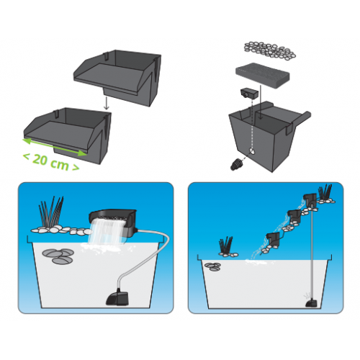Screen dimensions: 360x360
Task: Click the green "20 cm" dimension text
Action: point(51,162)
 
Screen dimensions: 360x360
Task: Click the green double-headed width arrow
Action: point(55,147)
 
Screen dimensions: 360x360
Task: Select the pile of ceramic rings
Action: point(270,50)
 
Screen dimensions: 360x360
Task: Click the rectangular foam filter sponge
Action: point(263,76)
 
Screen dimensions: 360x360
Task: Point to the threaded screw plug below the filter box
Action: point(235,165)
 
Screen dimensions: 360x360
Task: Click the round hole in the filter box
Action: point(252,150)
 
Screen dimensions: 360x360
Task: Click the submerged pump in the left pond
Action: point(117,297)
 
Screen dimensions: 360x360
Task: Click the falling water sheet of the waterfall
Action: point(107,233)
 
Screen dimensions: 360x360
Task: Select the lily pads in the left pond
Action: point(58,256)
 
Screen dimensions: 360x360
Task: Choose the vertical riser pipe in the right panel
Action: point(311,251)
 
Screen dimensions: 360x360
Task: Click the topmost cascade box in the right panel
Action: point(310,200)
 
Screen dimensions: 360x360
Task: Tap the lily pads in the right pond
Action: point(212,266)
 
